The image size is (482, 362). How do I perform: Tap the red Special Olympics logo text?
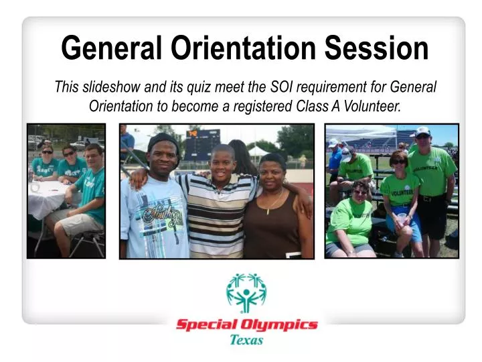pyautogui.click(x=246, y=326)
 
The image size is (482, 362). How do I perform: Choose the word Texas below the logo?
pyautogui.click(x=246, y=340)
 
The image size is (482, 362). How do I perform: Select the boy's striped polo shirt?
pyautogui.click(x=217, y=215)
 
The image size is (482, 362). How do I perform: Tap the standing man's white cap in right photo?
pyautogui.click(x=422, y=131)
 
